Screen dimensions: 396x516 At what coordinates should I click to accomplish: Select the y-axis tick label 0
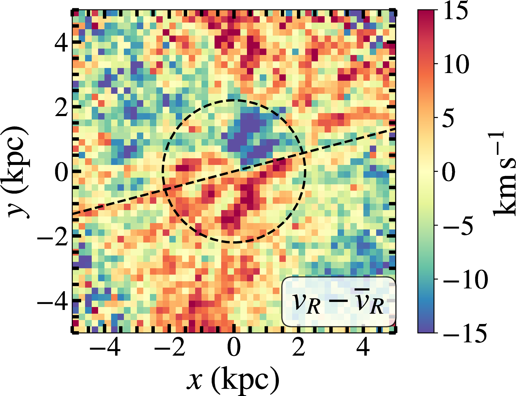[61, 172]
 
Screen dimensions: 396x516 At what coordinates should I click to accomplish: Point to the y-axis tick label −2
[53, 236]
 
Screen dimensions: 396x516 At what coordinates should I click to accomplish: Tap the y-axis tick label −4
[53, 301]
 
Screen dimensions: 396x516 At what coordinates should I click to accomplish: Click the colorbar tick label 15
[456, 11]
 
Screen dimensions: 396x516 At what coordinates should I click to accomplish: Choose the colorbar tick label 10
[456, 64]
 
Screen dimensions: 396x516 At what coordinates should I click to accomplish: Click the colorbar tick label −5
[458, 225]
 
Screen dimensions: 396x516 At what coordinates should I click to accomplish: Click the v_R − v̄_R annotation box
[338, 302]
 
